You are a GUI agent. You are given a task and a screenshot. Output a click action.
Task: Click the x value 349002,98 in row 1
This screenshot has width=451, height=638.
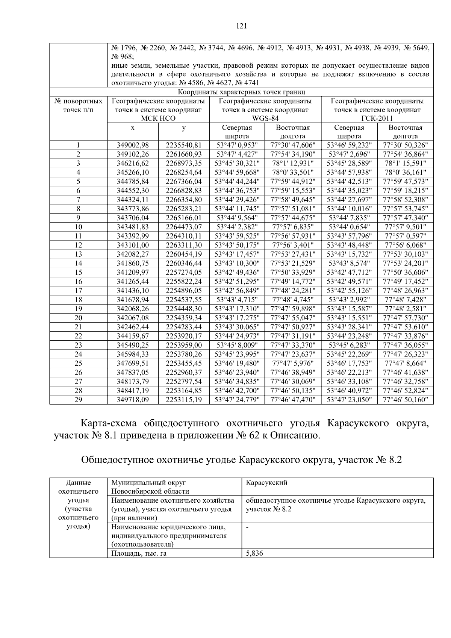[x=133, y=145]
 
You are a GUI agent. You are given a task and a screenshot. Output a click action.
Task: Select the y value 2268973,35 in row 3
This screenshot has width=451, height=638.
[x=184, y=163]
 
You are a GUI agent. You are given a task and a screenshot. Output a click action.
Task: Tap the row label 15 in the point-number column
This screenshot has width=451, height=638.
[x=78, y=272]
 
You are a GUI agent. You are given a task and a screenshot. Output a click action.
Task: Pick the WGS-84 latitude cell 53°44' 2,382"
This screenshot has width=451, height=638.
[x=237, y=227]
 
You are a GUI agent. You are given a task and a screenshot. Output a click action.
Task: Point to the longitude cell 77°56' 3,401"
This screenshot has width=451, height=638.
[x=293, y=245]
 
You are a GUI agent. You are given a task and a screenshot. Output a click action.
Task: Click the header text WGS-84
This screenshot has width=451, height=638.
[x=265, y=118]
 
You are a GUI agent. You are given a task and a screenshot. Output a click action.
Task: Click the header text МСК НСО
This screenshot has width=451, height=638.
[x=158, y=118]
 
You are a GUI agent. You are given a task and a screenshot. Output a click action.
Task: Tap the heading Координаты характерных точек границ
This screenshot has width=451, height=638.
[x=241, y=92]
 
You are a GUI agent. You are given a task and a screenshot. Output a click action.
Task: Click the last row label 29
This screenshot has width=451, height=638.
[x=78, y=400]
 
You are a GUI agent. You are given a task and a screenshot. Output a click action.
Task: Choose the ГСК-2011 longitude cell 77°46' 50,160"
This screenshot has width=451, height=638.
[x=405, y=400]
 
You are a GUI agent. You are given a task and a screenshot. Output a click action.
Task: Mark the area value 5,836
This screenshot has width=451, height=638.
[x=254, y=553]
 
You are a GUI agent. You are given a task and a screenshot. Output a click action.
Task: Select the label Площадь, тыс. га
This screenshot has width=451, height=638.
[x=139, y=553]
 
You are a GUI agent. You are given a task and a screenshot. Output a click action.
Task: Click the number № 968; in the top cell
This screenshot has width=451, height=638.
[x=122, y=56]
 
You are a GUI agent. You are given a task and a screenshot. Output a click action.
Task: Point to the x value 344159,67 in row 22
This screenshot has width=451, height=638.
[x=133, y=336]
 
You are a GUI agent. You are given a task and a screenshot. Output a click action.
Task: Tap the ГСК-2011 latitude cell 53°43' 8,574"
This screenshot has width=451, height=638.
[x=349, y=263]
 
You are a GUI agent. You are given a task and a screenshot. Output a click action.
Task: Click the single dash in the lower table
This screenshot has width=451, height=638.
[x=247, y=527]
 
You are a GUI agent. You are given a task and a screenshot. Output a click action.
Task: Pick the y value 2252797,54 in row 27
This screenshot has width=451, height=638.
[x=184, y=381]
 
